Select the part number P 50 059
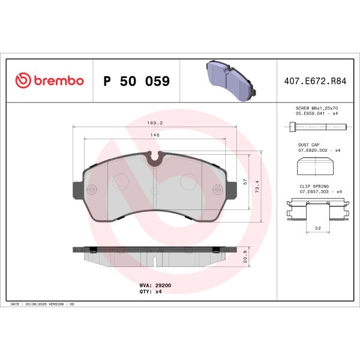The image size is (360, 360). [x=137, y=81]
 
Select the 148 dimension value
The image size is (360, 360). [x=154, y=136]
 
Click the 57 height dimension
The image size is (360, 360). [x=245, y=181]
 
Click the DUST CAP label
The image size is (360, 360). [x=308, y=145]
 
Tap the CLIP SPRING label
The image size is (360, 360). [x=311, y=187]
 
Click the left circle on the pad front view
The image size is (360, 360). [x=122, y=181]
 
